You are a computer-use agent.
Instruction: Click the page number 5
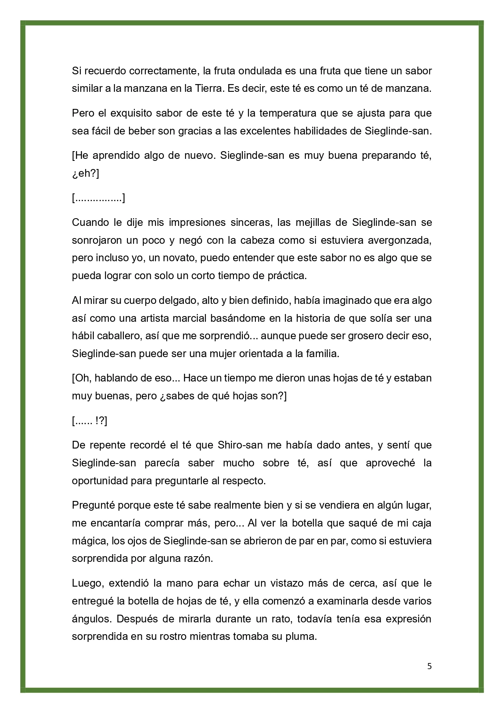coord(429,666)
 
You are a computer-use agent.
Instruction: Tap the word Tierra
coord(203,89)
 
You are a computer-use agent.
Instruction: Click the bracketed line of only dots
coord(98,198)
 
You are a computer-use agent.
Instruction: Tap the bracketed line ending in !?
coord(89,421)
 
